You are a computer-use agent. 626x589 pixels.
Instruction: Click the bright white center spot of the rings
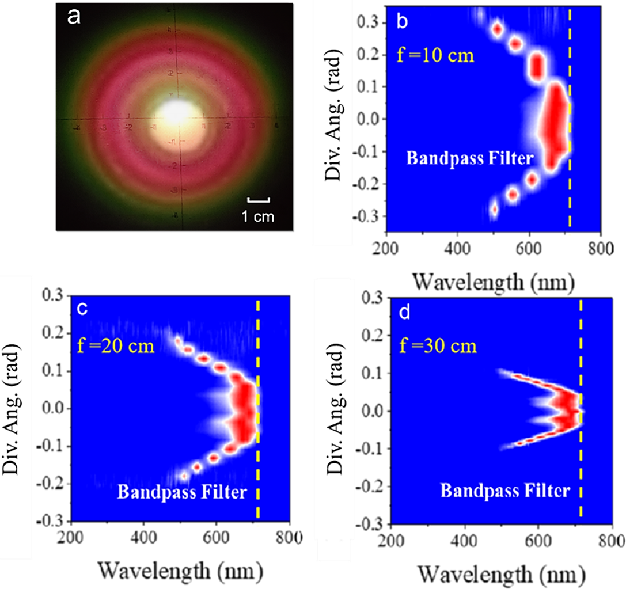pos(179,110)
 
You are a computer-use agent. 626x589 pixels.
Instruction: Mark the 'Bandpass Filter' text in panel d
pos(506,491)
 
